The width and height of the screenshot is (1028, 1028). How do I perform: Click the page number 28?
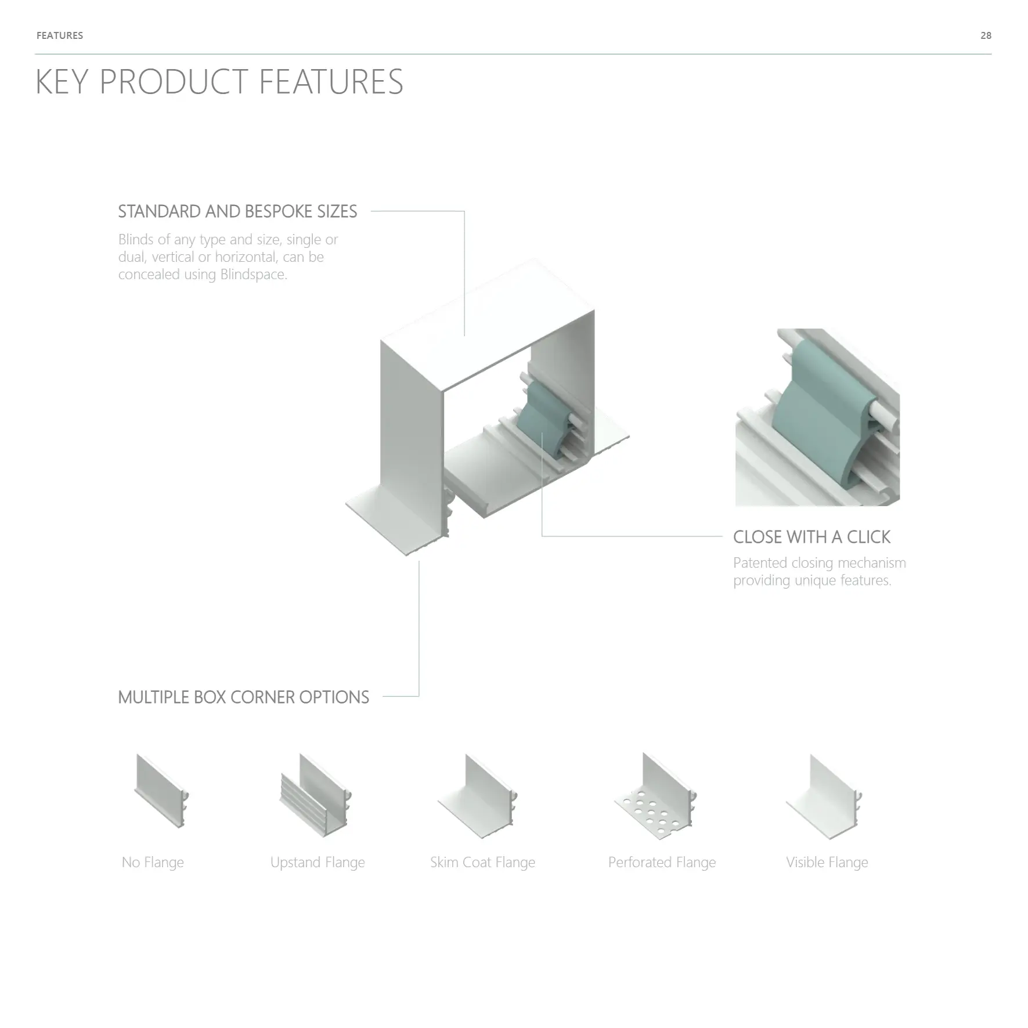986,35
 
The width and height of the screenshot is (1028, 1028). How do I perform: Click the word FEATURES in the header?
60,35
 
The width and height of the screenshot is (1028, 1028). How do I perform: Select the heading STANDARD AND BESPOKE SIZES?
237,211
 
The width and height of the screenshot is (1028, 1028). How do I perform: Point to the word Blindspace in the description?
253,274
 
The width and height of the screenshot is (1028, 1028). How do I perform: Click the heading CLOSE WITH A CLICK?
811,537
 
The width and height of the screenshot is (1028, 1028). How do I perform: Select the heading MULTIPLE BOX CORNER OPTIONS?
243,697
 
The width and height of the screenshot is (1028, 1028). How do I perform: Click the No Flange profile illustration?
161,791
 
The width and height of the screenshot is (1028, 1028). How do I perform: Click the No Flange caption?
153,862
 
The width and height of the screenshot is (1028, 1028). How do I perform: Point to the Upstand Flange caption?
318,862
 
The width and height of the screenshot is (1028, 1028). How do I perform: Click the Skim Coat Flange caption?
482,862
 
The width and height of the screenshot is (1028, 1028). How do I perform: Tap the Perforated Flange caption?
662,862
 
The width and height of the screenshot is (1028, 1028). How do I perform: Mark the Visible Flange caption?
827,862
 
